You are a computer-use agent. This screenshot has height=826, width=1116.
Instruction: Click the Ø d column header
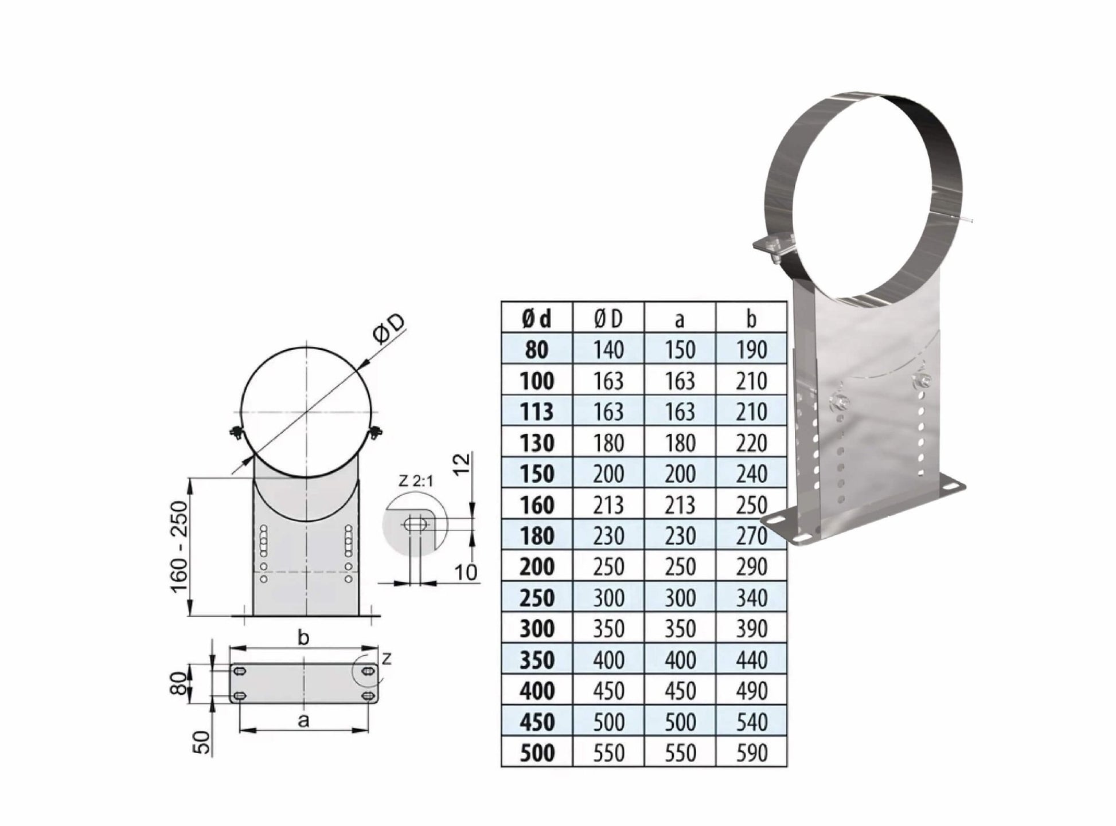click(536, 319)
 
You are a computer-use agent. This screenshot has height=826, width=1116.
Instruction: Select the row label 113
click(536, 412)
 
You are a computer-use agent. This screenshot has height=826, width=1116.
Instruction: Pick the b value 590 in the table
click(751, 753)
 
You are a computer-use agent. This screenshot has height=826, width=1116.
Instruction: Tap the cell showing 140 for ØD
click(608, 350)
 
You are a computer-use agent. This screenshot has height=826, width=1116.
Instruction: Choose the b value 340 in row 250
click(751, 598)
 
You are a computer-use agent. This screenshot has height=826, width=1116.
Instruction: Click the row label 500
click(536, 753)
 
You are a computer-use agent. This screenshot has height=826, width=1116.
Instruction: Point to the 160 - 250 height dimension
click(180, 547)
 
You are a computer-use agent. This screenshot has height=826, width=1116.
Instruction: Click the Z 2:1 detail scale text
click(415, 481)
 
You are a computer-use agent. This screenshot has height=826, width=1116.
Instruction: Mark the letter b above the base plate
click(304, 637)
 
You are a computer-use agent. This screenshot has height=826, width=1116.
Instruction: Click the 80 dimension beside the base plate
click(179, 683)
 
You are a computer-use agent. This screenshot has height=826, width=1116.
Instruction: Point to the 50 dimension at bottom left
click(202, 742)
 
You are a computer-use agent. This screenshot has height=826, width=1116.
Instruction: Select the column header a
click(680, 319)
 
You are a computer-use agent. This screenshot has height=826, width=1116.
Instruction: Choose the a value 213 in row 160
click(680, 505)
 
